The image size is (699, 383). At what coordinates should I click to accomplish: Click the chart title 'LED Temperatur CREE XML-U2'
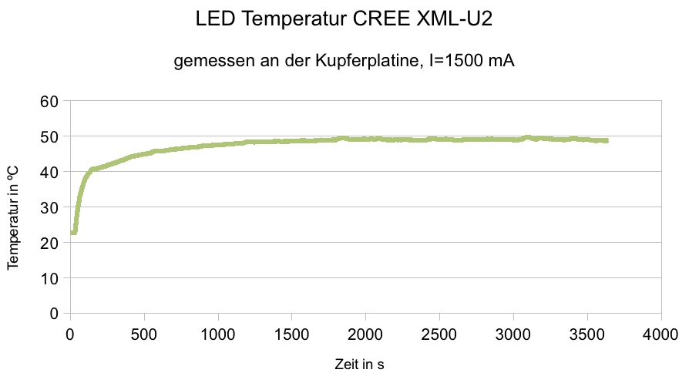click(x=344, y=21)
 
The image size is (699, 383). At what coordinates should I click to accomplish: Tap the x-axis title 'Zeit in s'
click(x=359, y=364)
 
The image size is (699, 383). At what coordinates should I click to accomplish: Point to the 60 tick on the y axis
click(x=50, y=101)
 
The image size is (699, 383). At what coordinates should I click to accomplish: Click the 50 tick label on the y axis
click(x=50, y=136)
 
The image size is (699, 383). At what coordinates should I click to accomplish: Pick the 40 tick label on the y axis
click(x=50, y=172)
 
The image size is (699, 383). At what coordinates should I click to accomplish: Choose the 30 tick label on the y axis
click(x=50, y=207)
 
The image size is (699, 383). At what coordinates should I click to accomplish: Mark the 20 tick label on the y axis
click(x=50, y=243)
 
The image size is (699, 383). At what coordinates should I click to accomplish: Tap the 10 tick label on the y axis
click(x=50, y=278)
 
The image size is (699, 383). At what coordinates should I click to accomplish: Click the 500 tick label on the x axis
click(x=143, y=334)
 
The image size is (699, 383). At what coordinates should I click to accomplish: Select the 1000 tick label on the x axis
click(x=218, y=334)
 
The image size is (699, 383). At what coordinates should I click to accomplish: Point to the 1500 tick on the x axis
click(x=292, y=334)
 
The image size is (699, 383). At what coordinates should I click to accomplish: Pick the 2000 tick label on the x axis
click(x=366, y=334)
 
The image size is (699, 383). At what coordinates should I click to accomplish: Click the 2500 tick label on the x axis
click(x=440, y=334)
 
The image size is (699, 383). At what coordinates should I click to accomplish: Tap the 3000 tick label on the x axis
click(x=514, y=334)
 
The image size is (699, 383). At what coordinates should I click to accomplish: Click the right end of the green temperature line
click(x=607, y=141)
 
